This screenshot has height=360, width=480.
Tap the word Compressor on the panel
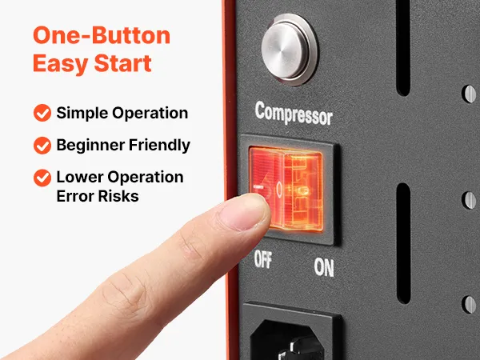click(x=294, y=114)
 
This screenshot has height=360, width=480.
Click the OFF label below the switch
click(x=263, y=260)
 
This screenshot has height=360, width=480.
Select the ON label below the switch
click(x=324, y=267)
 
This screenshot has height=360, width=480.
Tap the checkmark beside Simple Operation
click(x=42, y=113)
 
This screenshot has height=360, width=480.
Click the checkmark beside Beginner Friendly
click(x=42, y=145)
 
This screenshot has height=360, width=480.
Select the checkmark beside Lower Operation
click(x=42, y=178)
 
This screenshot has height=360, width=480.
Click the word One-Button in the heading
click(x=102, y=35)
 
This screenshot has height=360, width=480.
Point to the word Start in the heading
click(x=122, y=63)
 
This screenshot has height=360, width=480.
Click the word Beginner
click(x=90, y=145)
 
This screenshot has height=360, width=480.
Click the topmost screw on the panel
click(x=469, y=94)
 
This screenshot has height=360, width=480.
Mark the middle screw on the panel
click(x=469, y=200)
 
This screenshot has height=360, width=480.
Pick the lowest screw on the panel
click(x=469, y=304)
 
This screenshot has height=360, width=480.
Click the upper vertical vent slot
click(x=403, y=47)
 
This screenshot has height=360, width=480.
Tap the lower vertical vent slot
click(x=403, y=243)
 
